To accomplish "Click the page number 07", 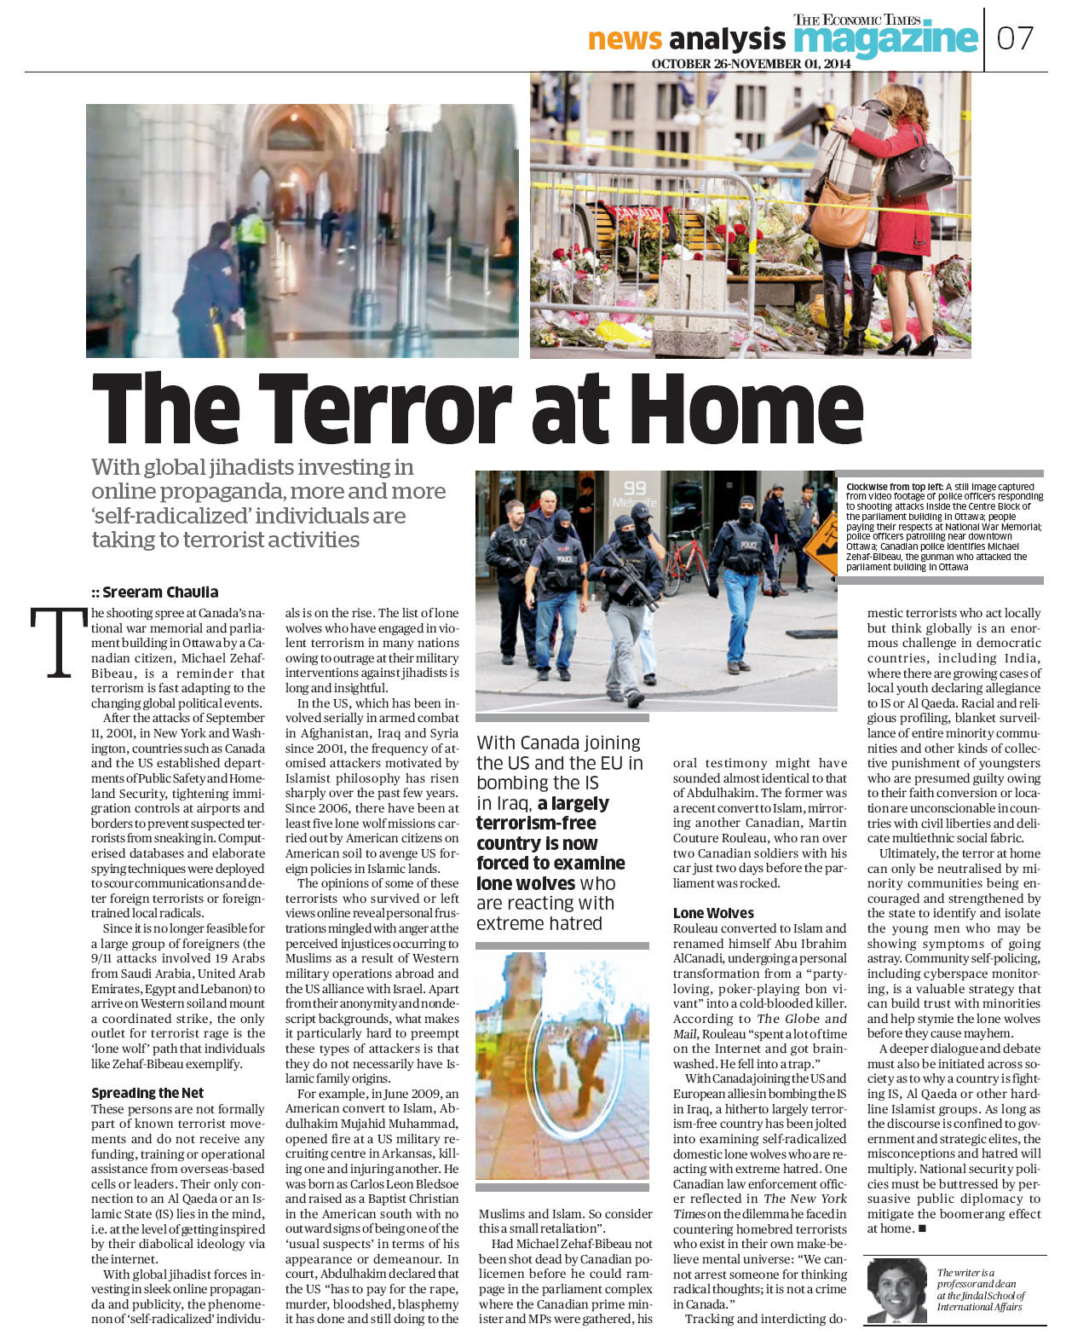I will pyautogui.click(x=1015, y=38).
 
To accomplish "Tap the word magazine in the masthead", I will pyautogui.click(x=884, y=39).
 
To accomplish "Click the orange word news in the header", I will pyautogui.click(x=625, y=39).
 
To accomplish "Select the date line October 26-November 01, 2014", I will pyautogui.click(x=751, y=64).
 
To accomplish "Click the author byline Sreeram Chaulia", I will pyautogui.click(x=160, y=592).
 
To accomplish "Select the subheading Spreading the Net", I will pyautogui.click(x=147, y=1093).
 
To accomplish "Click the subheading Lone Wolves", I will pyautogui.click(x=713, y=913).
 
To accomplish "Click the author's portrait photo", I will pyautogui.click(x=896, y=1289).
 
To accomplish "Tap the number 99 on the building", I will pyautogui.click(x=635, y=488).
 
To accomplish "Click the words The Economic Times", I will pyautogui.click(x=856, y=20).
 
